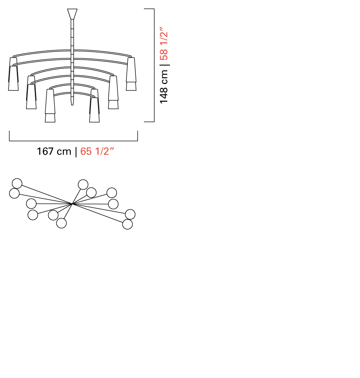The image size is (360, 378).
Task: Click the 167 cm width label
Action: pos(54,152)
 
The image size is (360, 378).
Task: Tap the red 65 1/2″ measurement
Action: pos(97,151)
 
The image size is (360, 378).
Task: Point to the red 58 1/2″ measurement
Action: pos(164,44)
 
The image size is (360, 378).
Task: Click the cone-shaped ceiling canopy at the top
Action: pos(72,14)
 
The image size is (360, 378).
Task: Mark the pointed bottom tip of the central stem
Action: pos(72,105)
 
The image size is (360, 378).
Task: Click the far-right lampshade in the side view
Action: pos(131,74)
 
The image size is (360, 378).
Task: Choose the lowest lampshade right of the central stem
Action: pos(94,110)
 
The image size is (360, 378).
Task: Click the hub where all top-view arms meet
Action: pos(72,204)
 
